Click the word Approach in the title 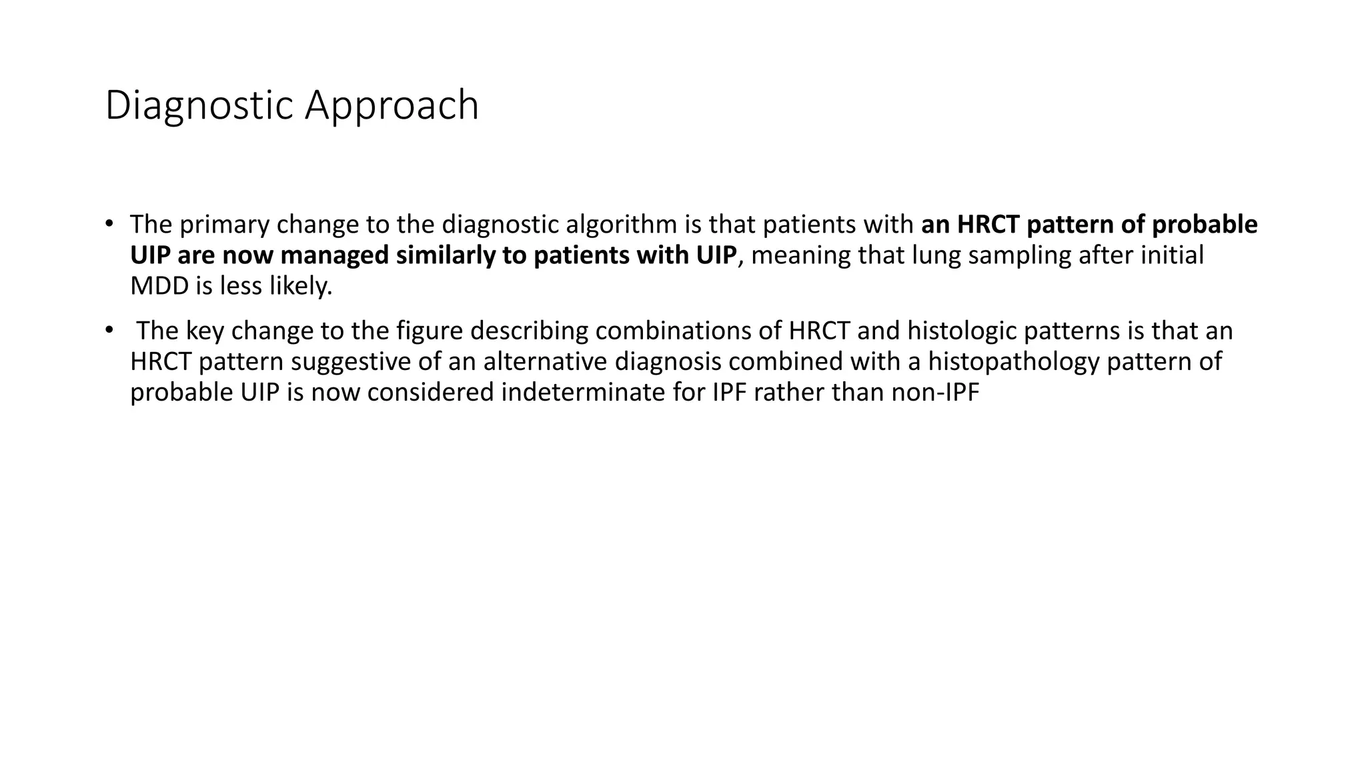pos(392,105)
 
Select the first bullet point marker pos(109,223)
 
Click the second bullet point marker pos(109,329)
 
